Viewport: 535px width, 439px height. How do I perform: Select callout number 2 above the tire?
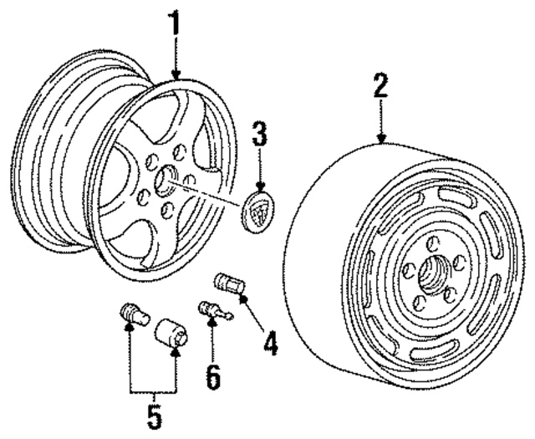[380, 86]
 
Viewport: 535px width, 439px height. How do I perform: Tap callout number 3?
[260, 133]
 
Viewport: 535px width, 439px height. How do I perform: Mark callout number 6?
[213, 376]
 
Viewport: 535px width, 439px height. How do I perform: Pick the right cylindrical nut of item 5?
[173, 333]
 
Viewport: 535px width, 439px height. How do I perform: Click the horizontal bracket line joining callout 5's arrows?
[152, 391]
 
